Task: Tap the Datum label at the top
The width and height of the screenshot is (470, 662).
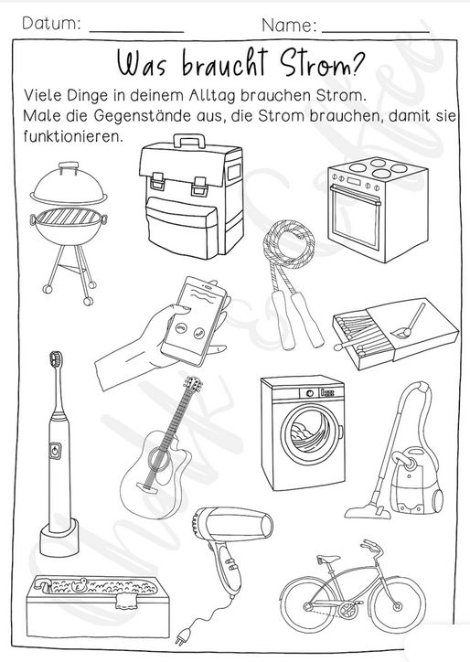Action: (x=51, y=24)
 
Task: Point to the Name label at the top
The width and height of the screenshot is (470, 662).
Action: (x=289, y=26)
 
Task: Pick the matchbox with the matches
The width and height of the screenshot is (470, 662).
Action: (x=395, y=334)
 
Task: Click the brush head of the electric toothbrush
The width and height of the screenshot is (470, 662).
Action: (x=55, y=360)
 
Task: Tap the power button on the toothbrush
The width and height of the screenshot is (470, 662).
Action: (x=55, y=451)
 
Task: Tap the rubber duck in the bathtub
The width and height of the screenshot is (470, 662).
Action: (x=79, y=585)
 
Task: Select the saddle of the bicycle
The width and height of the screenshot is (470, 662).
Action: (x=328, y=559)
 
